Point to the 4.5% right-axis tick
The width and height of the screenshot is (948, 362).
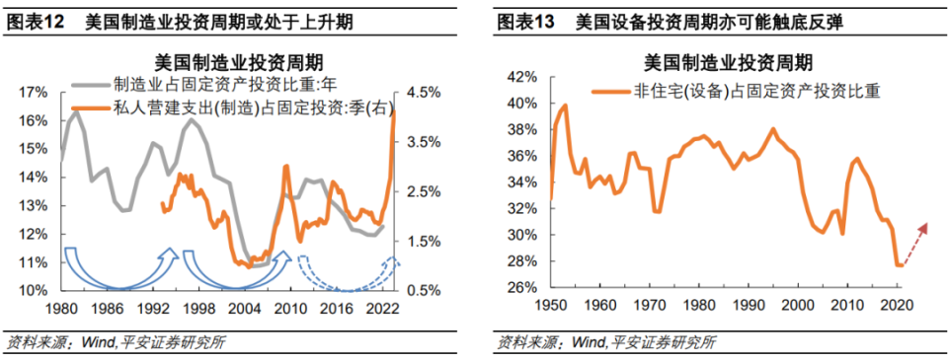(x=420, y=92)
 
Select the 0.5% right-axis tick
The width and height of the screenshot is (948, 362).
(x=420, y=291)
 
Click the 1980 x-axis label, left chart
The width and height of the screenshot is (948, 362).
(x=61, y=308)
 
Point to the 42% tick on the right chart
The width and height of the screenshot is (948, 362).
(x=522, y=76)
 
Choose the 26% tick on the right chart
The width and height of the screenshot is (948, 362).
(x=522, y=288)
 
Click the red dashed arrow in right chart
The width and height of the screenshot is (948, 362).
(x=914, y=241)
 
